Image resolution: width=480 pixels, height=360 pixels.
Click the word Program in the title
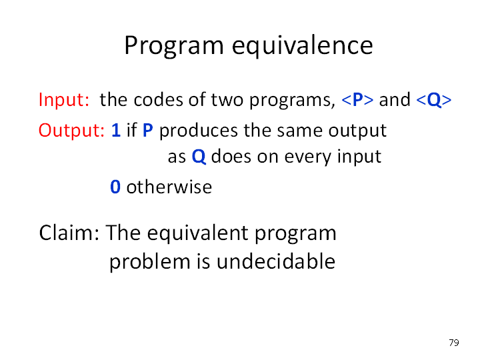click(174, 46)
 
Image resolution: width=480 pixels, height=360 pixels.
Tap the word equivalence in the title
click(303, 46)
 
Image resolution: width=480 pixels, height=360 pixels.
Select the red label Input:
click(64, 100)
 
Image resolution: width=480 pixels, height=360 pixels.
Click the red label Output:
click(71, 131)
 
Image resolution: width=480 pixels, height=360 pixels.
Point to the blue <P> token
click(357, 100)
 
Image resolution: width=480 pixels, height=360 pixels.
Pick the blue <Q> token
click(434, 100)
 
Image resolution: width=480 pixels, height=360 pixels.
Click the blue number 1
click(116, 130)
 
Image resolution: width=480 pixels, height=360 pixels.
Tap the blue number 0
click(115, 187)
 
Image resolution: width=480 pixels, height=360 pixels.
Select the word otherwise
click(169, 187)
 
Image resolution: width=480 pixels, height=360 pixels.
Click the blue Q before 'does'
click(199, 157)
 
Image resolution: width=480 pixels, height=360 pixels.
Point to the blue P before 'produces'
click(148, 130)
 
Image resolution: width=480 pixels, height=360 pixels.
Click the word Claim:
click(69, 233)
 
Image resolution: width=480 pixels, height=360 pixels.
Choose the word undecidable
click(276, 261)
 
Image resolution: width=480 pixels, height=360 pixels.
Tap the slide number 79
click(454, 342)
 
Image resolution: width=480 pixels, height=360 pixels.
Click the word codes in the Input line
click(158, 100)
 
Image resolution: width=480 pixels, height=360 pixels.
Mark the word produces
click(199, 131)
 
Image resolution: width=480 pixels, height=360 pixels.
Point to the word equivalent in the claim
click(198, 233)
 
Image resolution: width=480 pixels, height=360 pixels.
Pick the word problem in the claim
click(150, 262)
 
